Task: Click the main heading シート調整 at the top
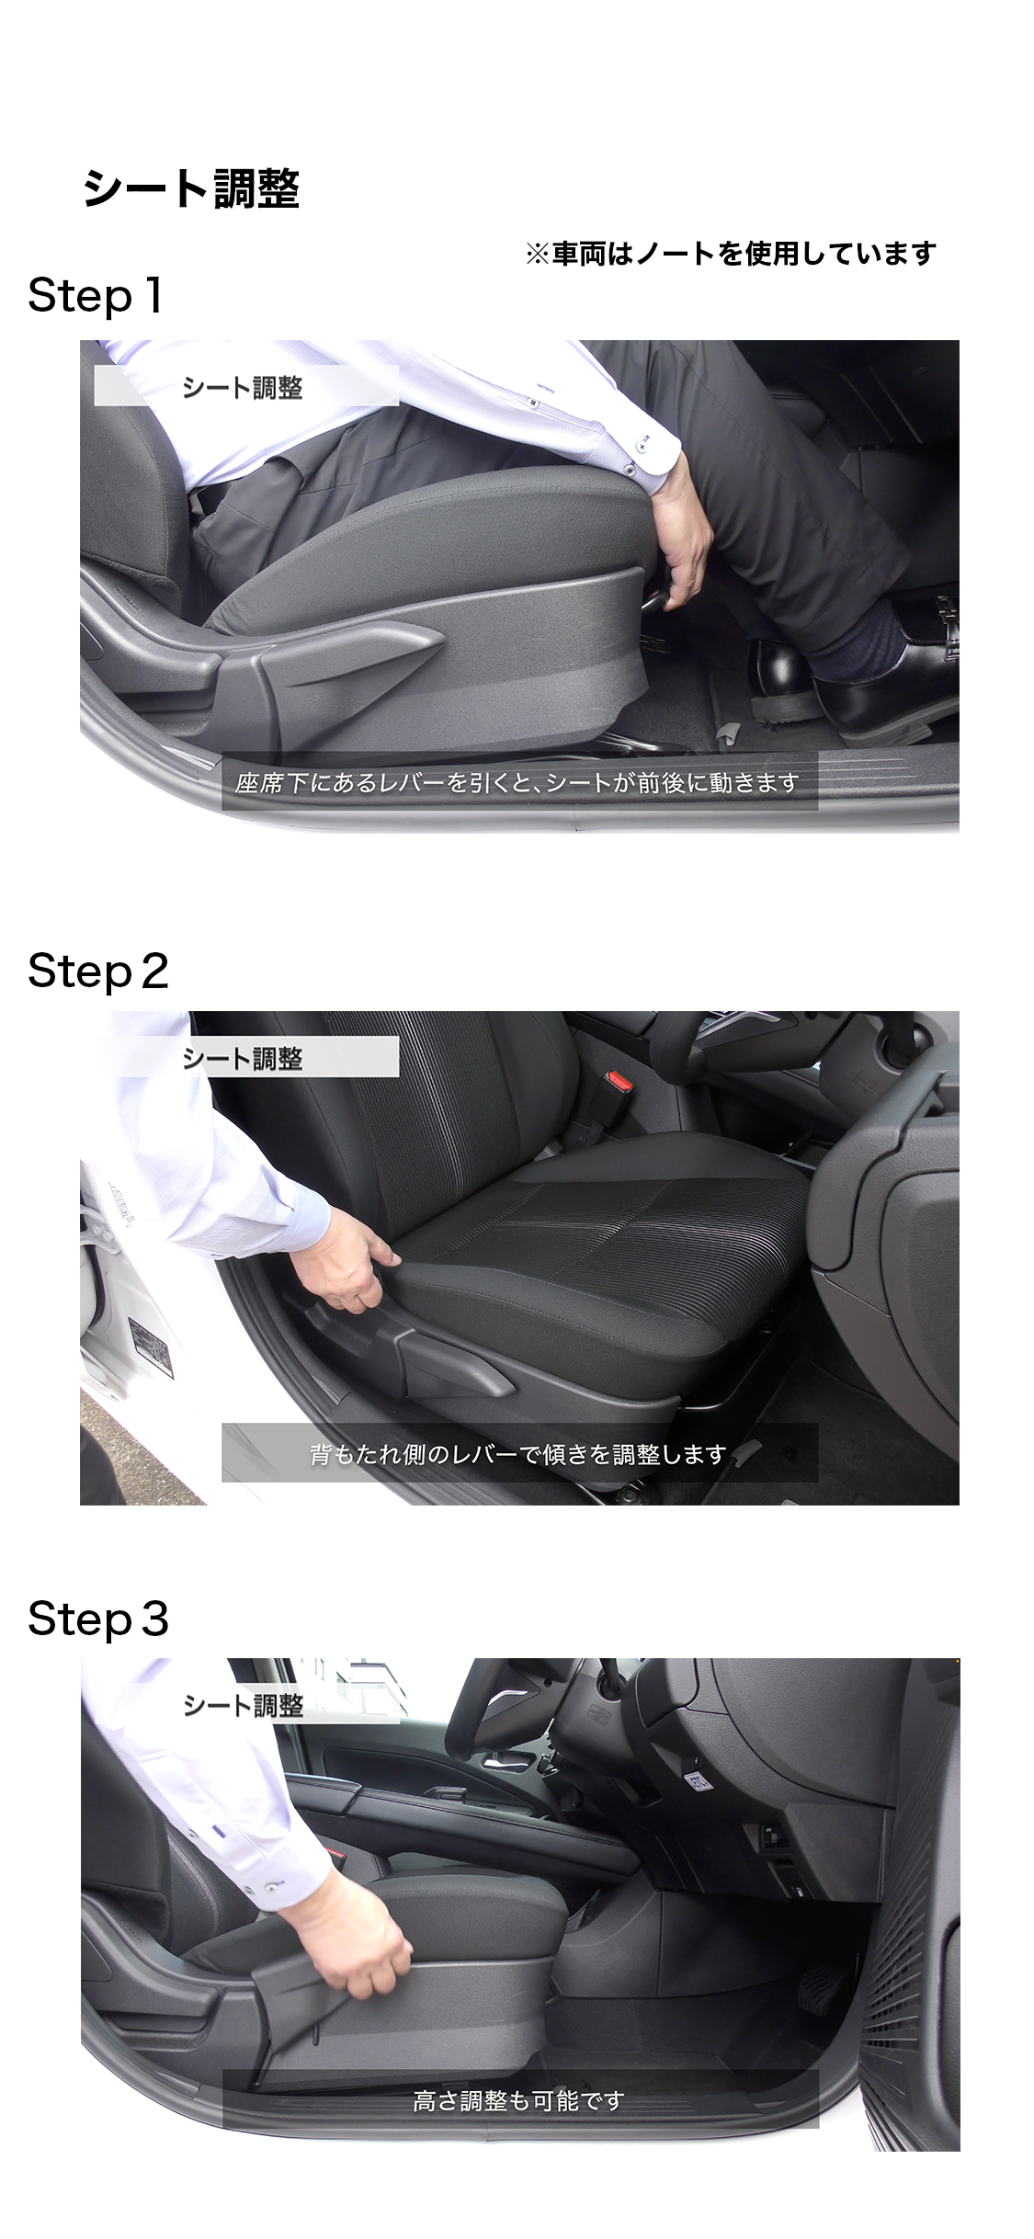coord(191,189)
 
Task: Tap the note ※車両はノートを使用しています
coord(731,254)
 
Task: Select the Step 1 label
coord(96,296)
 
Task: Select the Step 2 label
coord(98,971)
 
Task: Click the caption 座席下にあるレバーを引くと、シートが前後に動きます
coord(517,783)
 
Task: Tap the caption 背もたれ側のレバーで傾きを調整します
coord(518,1454)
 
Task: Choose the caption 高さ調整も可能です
coord(518,2100)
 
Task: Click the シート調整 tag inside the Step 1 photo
coord(243,388)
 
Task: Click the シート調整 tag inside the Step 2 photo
coord(243,1059)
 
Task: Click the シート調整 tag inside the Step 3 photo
coord(244,1706)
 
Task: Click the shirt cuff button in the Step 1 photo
coord(631,470)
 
